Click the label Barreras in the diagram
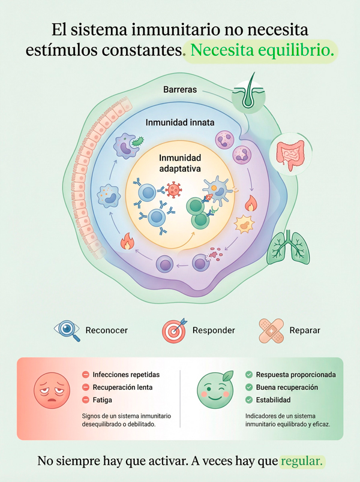[180, 90]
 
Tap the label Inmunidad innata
[180, 122]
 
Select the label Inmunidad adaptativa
[179, 162]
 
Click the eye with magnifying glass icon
[67, 330]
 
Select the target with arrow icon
[175, 330]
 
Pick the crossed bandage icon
[271, 330]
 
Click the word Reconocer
[107, 330]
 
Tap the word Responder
[214, 330]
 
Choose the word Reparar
[304, 330]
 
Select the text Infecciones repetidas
[123, 375]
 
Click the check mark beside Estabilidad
[249, 400]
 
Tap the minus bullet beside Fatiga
[86, 400]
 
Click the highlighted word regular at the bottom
[302, 462]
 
